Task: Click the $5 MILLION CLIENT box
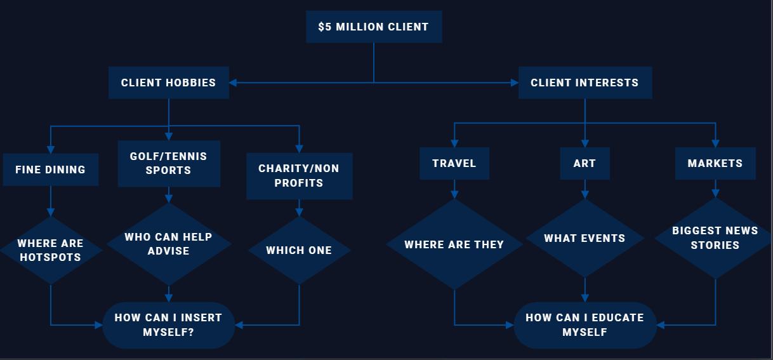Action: point(374,27)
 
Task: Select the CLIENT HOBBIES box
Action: point(168,83)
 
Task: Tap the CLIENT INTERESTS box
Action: point(585,83)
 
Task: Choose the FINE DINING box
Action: point(50,170)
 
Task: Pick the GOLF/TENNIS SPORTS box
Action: point(168,163)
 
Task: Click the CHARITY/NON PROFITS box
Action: point(299,176)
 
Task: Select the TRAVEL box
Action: point(454,163)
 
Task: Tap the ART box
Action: point(585,163)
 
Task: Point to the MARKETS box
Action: point(715,163)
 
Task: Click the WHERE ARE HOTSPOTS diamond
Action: point(50,250)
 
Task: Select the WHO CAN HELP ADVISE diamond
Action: point(168,244)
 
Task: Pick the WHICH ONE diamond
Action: point(299,250)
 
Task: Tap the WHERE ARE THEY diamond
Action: point(454,244)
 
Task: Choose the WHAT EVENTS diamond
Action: point(585,238)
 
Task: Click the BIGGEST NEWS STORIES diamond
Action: point(715,238)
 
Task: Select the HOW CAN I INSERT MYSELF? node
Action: point(168,324)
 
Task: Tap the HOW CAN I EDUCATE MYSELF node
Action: point(585,324)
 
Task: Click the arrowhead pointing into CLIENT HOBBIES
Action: point(233,83)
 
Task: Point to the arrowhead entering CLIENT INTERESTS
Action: point(514,83)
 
